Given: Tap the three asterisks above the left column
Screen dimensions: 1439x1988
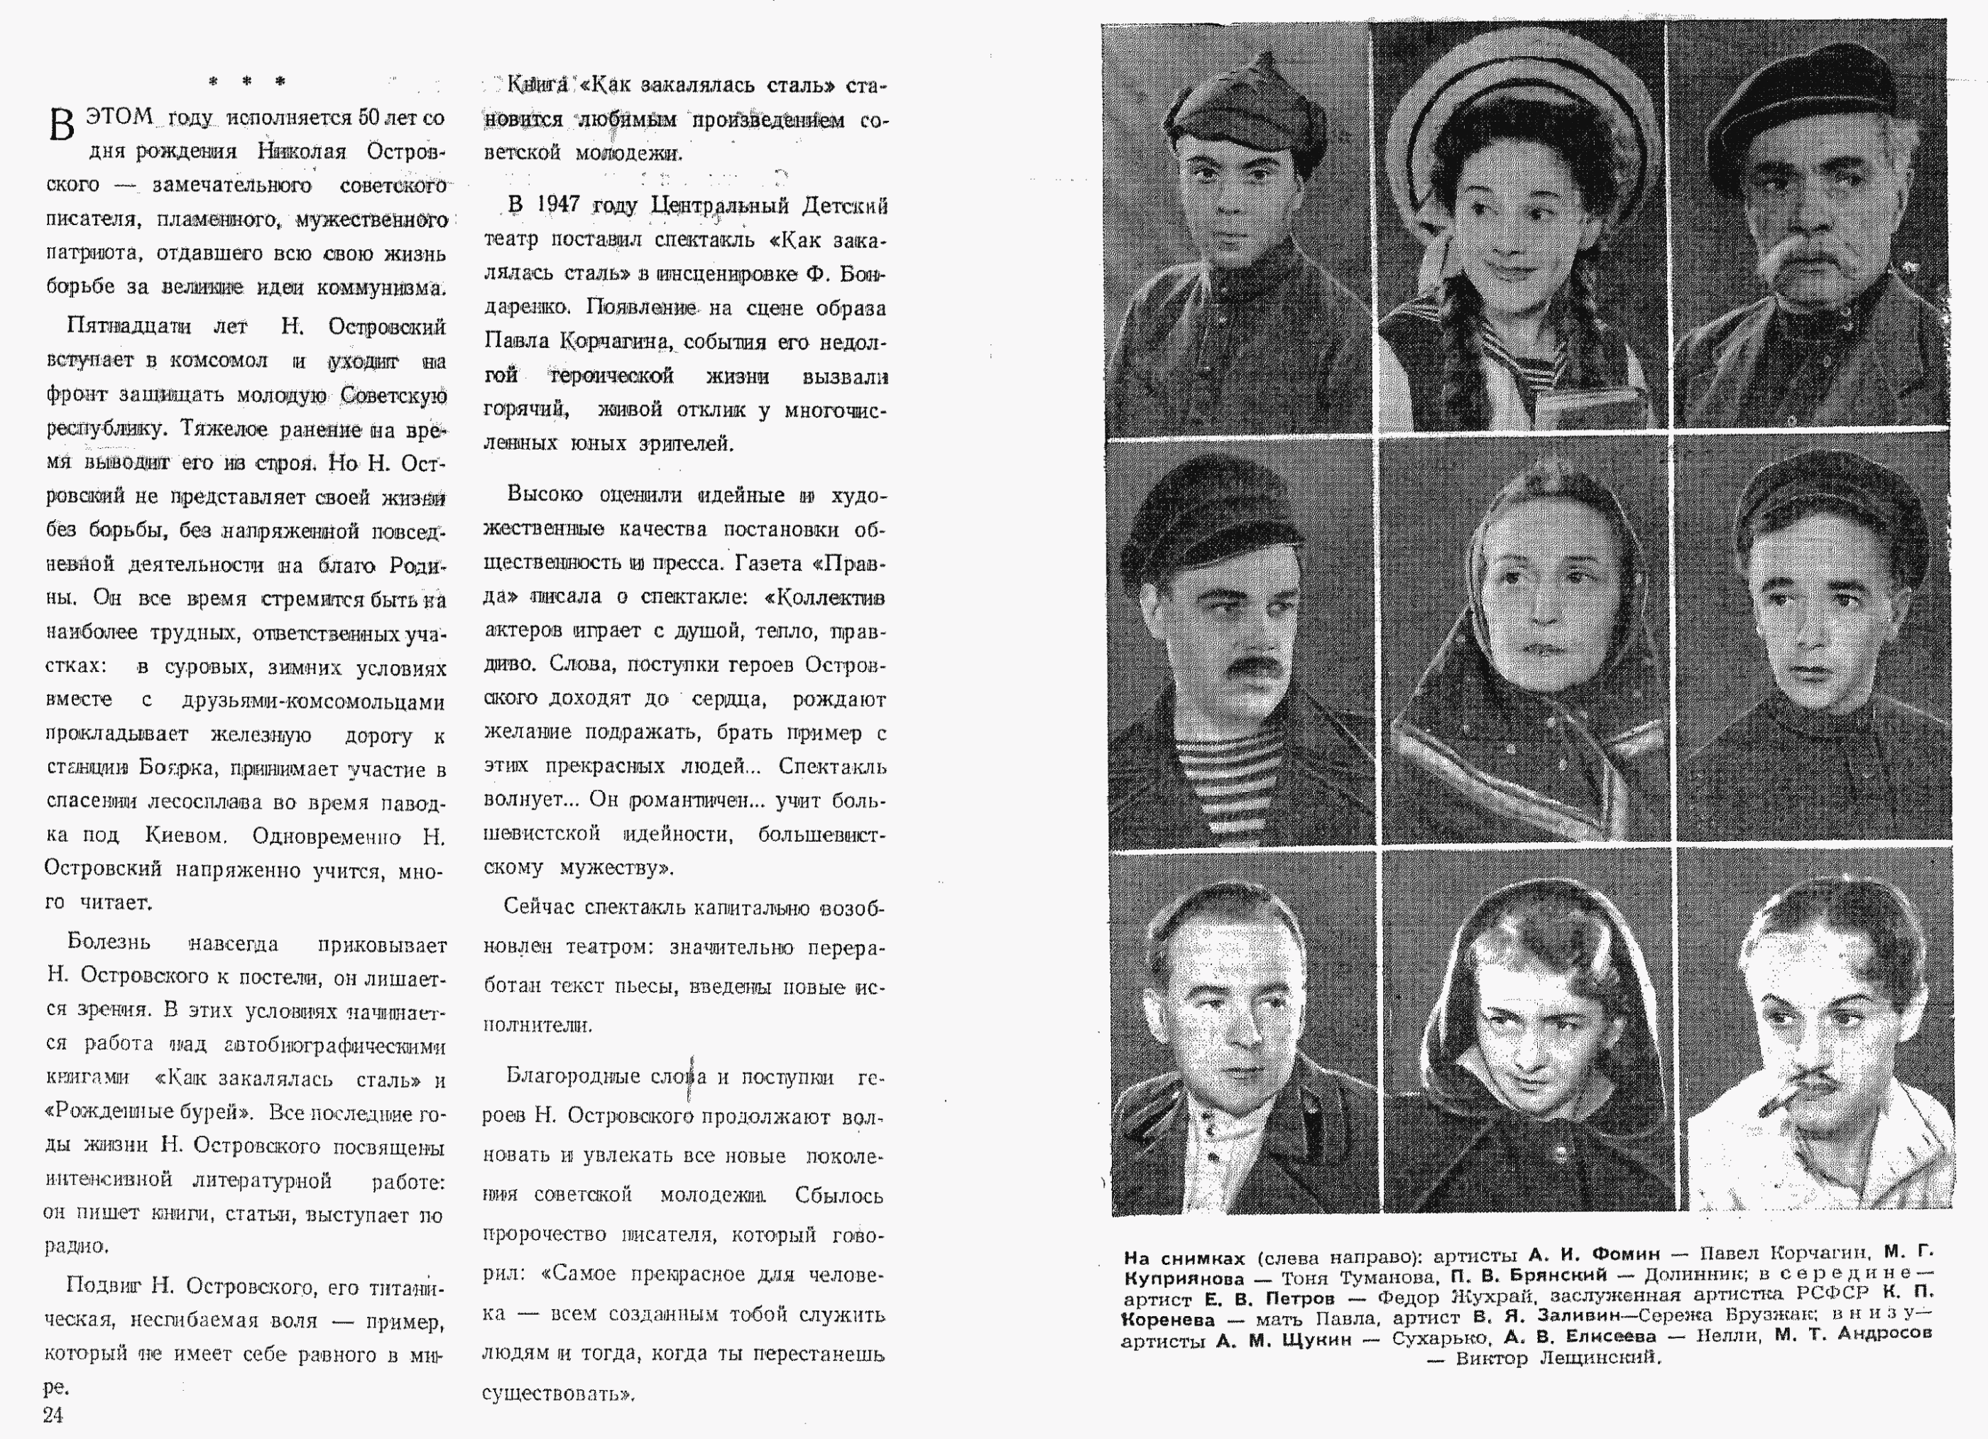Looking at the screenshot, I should click(x=246, y=82).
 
